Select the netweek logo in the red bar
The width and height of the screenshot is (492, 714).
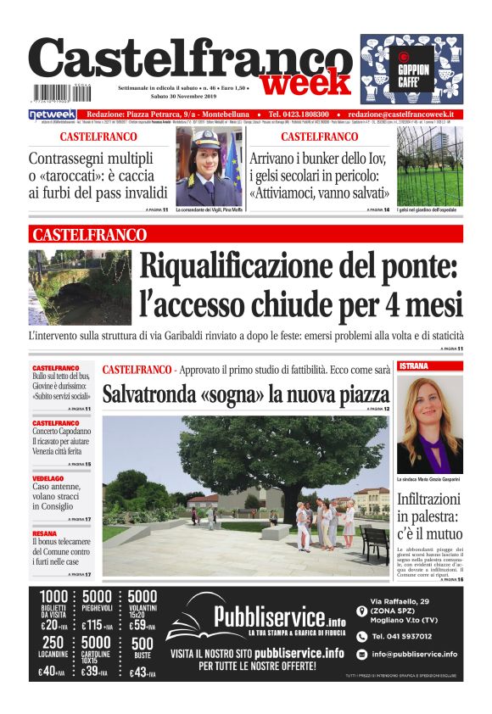click(53, 114)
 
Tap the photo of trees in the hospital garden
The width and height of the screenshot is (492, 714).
click(429, 167)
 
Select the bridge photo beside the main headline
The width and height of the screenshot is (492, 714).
click(80, 287)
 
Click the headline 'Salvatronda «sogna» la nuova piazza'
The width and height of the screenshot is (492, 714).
click(245, 394)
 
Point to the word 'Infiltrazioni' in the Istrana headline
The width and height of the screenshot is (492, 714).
click(429, 499)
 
